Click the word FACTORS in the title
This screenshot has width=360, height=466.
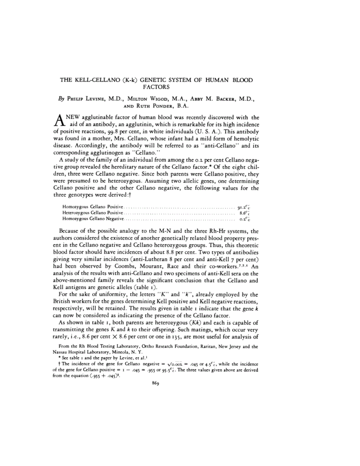[156, 87]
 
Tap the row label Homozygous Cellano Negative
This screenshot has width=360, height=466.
[93, 219]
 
